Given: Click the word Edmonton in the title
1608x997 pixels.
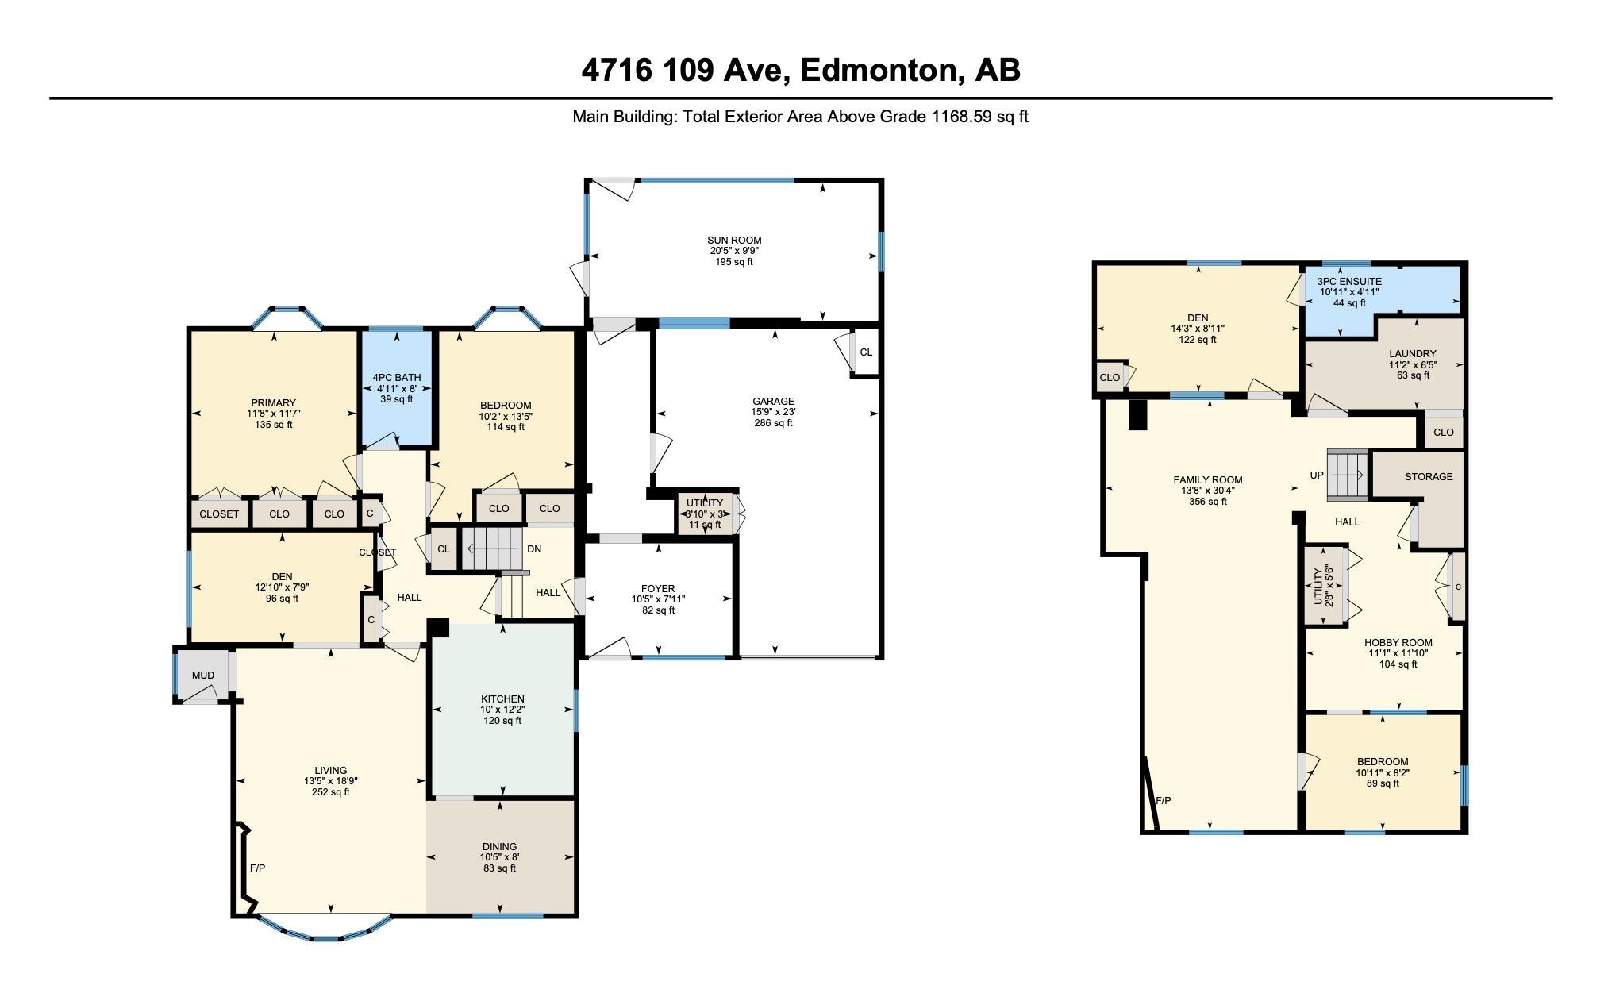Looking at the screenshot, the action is click(879, 71).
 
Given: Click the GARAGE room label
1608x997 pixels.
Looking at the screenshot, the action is click(773, 402).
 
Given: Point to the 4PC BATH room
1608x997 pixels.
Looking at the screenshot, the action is click(397, 388).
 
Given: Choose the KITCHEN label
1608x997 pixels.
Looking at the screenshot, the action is click(502, 699).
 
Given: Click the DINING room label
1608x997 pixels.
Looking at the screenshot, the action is click(499, 847).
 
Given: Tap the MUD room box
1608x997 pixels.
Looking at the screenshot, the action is click(203, 676).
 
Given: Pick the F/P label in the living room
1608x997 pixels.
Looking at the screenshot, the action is click(257, 868).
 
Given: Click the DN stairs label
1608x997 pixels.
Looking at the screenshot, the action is click(534, 549).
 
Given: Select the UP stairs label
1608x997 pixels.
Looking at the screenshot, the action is click(1317, 475).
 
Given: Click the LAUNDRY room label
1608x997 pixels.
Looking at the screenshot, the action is click(1413, 354).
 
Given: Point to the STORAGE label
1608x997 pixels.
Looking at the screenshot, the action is click(1429, 477).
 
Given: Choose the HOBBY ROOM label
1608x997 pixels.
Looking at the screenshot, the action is click(1398, 643).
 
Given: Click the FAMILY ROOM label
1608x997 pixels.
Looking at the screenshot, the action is click(1208, 480).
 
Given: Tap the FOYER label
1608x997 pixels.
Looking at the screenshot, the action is click(658, 589).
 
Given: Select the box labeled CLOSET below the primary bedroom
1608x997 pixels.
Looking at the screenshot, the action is click(219, 514).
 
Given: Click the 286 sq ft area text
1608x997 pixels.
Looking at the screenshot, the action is click(773, 423).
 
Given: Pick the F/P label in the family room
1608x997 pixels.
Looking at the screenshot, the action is click(1163, 801).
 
